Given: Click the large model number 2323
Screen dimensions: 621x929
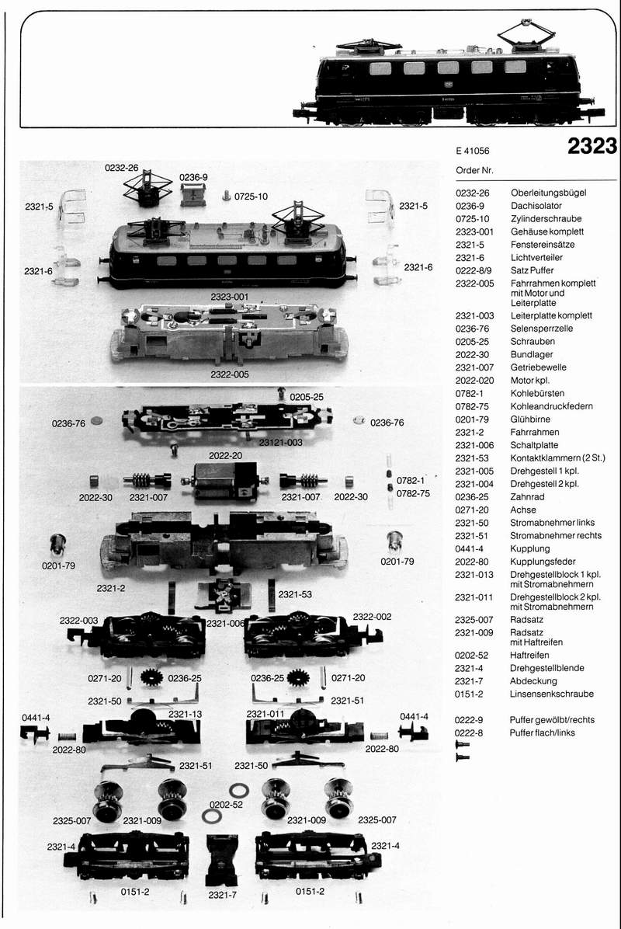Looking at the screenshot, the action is (x=592, y=146).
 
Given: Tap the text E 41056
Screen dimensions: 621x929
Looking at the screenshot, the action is (x=473, y=151).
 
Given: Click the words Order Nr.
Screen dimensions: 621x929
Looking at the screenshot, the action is (x=474, y=171).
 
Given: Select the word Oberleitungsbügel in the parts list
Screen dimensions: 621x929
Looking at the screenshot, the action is (x=548, y=193).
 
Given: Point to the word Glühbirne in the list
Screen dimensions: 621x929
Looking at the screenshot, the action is (x=530, y=419).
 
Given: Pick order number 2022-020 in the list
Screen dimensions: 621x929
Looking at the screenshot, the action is (x=474, y=381).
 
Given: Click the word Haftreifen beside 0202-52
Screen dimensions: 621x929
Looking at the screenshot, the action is (x=529, y=656).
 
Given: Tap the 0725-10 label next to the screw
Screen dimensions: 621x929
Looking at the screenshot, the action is (x=251, y=197).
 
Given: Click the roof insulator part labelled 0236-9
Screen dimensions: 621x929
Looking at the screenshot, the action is (x=193, y=194).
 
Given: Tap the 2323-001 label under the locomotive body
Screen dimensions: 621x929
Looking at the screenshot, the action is (x=230, y=297).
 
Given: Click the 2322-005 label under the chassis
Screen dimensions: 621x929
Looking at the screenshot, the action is (x=230, y=374).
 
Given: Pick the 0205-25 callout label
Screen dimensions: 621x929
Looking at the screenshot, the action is (x=307, y=397).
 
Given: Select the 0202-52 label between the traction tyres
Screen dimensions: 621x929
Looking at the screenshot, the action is (x=226, y=805).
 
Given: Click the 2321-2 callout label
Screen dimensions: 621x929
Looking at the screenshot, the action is (x=111, y=588).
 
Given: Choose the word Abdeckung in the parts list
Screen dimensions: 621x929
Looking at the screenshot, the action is (x=533, y=681).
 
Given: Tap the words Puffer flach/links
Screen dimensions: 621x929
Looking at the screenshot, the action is (x=543, y=733).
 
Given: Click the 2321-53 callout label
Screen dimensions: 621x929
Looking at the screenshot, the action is (x=295, y=594).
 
